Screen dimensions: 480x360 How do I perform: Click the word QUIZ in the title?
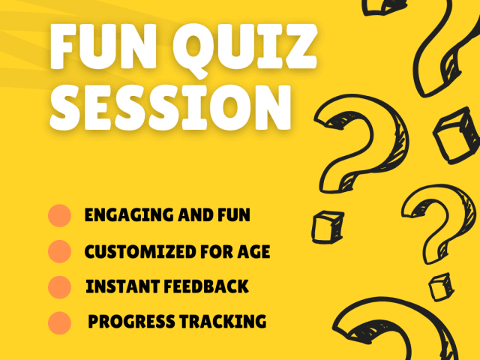coord(245,48)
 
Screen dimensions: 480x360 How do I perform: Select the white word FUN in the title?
coord(103,46)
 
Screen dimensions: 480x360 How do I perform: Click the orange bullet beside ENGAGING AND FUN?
coord(60,215)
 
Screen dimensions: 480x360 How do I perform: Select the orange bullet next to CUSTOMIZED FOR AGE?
coord(60,252)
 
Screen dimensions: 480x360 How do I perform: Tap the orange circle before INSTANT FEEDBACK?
coord(60,287)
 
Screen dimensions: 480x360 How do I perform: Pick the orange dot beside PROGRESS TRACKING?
coord(60,323)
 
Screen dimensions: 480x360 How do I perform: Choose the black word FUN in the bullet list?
coord(234,214)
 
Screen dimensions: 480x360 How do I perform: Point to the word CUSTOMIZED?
coord(140,252)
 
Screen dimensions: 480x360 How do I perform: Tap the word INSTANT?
coord(123,286)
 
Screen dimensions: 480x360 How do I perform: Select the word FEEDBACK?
coord(206,286)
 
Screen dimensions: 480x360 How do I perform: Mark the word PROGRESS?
coord(132,322)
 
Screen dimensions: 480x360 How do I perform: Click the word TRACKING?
coord(223,322)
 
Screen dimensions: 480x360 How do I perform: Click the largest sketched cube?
coord(456,135)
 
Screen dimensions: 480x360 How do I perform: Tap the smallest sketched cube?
coord(441,287)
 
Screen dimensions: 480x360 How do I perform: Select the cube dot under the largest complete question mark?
coord(328,227)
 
